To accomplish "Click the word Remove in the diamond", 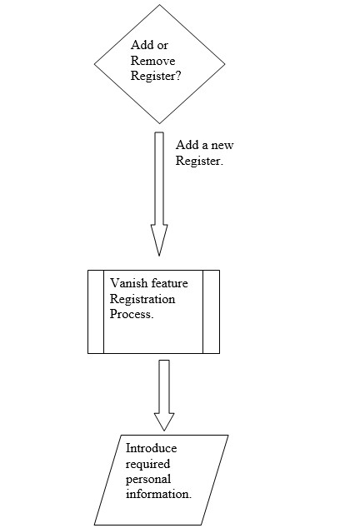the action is point(152,61).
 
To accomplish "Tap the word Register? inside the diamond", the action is point(155,76).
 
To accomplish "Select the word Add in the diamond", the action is point(140,45).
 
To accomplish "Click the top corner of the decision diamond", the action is point(159,5).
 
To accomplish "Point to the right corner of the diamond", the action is point(225,63).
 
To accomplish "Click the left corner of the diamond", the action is point(94,63).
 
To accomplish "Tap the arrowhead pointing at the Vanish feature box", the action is point(159,240).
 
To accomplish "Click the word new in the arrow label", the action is point(222,145).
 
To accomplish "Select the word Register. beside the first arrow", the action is point(199,161).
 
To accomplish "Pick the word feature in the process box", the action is point(169,283).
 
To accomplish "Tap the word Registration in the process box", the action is point(142,299).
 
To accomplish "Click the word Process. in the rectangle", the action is point(132,314).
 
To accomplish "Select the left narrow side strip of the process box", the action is point(96,311).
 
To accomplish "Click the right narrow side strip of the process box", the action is point(212,311).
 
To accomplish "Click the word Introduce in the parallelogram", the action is point(151,448).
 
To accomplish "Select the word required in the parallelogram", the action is point(147,465).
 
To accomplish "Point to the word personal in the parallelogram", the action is point(148,480).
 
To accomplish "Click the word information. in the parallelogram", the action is point(158,494).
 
